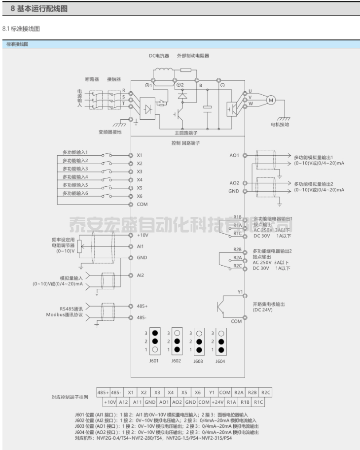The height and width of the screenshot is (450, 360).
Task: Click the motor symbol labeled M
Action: click(270, 100)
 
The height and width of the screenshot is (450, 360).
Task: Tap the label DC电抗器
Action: click(159, 56)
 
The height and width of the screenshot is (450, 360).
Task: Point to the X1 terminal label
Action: click(140, 155)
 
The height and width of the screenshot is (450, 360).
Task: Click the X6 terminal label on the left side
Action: click(140, 196)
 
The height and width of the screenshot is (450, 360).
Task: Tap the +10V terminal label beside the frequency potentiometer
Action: click(142, 235)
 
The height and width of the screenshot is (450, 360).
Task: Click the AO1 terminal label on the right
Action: click(234, 155)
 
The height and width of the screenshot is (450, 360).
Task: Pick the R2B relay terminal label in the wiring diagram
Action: click(237, 250)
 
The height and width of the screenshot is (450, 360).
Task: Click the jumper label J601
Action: click(155, 361)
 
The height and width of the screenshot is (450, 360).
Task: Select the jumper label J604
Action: click(220, 361)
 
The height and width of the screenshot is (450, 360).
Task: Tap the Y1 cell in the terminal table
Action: click(211, 392)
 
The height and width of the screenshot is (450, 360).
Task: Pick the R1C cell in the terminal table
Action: click(259, 402)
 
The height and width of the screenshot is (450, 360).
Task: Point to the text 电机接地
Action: click(280, 125)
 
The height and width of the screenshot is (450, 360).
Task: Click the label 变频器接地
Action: click(109, 132)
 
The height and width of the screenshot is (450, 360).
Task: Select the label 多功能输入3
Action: click(75, 169)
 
